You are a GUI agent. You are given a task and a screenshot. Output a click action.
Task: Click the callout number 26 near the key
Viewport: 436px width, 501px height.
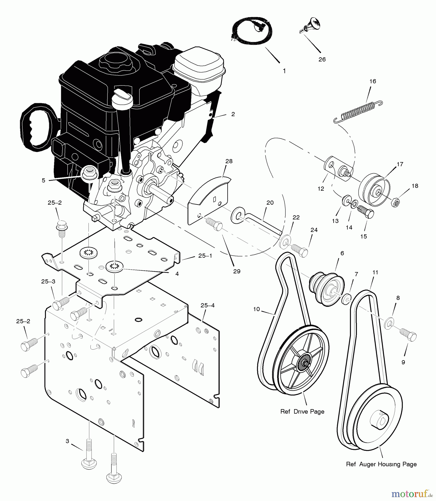[x=322, y=60]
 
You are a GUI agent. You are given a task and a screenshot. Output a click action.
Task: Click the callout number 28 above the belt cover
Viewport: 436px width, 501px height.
[x=229, y=161]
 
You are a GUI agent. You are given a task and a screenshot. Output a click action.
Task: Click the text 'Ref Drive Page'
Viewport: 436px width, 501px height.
[x=302, y=412]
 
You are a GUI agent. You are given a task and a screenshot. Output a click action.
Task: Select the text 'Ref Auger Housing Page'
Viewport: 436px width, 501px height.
[x=381, y=464]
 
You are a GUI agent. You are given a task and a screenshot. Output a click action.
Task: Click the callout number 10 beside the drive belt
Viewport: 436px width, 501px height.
[x=256, y=309]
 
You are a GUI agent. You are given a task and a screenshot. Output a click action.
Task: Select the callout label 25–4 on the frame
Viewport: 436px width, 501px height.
[x=207, y=305]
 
